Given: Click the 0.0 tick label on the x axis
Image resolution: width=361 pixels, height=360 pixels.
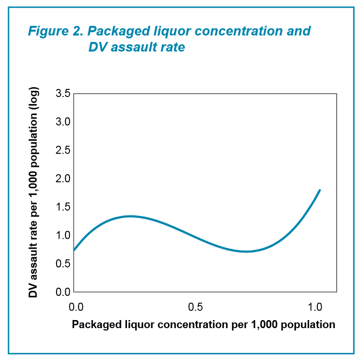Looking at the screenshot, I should pos(75,306).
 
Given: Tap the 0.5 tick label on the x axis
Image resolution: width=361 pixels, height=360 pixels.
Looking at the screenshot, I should pos(195,306).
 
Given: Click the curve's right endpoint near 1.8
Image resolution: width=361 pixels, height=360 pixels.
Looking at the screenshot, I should pos(320,190).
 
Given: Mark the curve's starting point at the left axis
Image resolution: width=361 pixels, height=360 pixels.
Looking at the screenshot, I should pos(74,250).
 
